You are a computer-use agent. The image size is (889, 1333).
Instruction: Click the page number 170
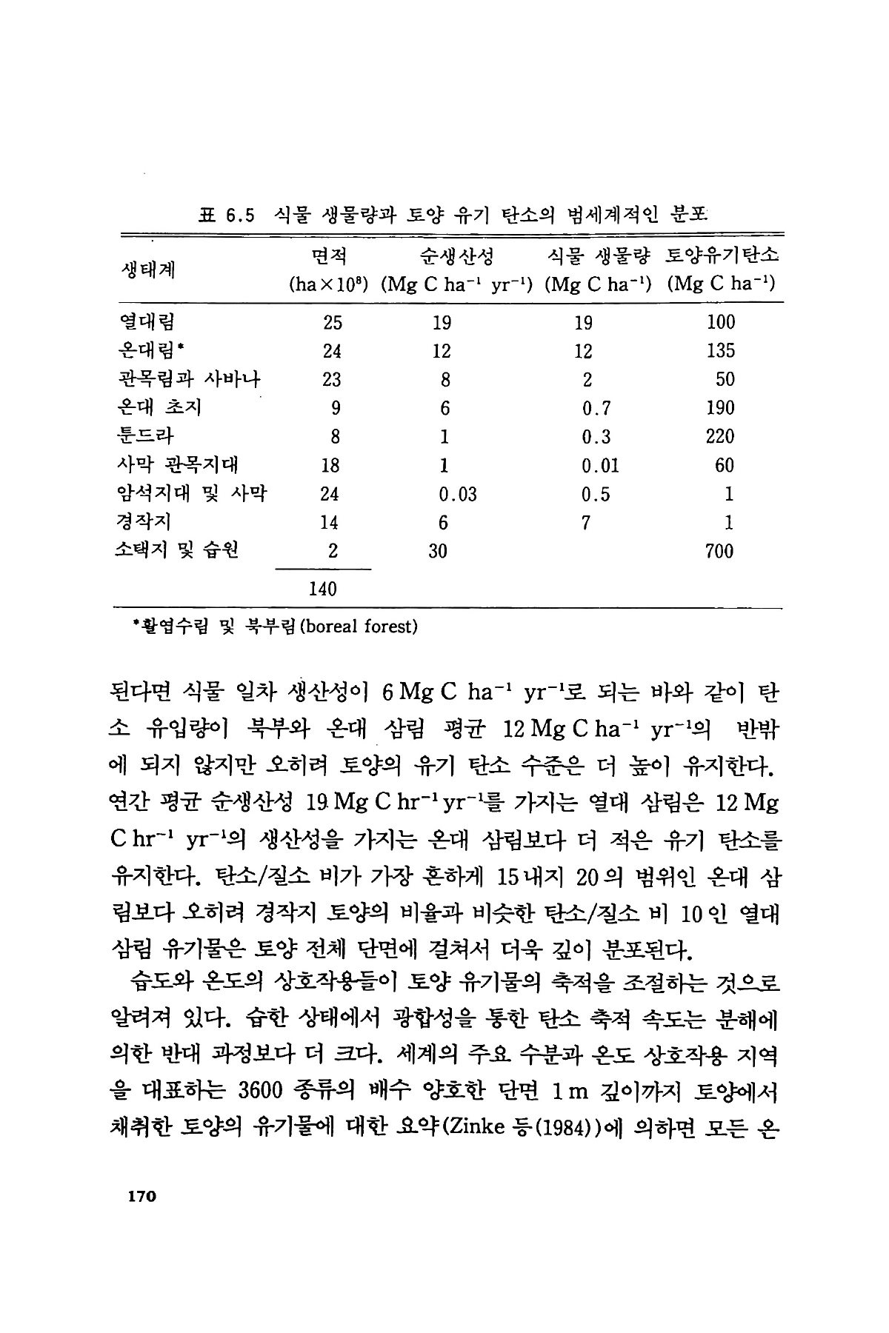139,1196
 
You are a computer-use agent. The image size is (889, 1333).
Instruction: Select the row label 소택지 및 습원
179,551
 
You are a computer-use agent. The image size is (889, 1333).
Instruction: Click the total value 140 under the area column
322,589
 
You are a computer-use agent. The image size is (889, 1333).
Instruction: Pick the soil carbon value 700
719,551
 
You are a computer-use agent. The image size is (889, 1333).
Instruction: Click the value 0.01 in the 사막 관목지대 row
600,465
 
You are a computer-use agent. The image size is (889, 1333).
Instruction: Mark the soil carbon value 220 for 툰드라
719,436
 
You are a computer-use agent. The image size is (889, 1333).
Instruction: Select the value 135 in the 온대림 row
719,350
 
